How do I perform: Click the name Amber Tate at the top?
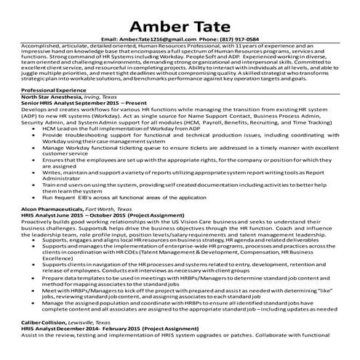coord(180,18)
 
